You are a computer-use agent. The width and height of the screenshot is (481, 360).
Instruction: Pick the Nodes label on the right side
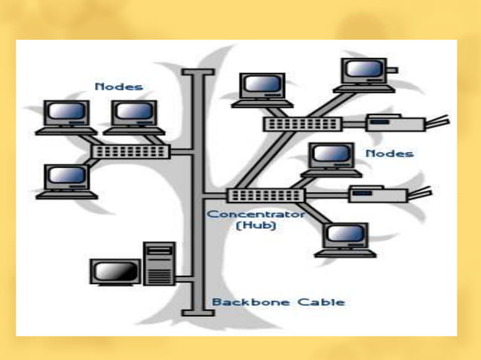tap(390, 154)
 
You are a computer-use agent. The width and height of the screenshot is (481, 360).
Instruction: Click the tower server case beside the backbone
tap(158, 264)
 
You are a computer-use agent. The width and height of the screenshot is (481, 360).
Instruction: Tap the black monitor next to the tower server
tap(115, 272)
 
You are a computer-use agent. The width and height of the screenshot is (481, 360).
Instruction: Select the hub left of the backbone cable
tap(130, 151)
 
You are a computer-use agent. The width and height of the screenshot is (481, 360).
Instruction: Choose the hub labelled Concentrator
tap(265, 195)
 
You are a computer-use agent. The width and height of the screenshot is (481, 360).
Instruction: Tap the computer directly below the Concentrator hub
tap(345, 239)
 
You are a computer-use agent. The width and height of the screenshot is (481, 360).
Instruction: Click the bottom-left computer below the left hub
tap(66, 181)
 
